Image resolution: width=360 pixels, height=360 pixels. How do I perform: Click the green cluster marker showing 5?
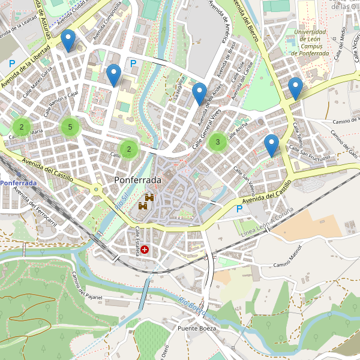70,127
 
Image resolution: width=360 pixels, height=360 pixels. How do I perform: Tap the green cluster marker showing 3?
217,142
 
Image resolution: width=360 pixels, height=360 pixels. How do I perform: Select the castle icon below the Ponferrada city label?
146,202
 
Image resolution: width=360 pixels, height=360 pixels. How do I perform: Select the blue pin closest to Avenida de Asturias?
68,40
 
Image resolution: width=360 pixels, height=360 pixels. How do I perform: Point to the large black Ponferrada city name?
137,180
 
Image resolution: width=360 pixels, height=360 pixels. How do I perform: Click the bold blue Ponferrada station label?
18,182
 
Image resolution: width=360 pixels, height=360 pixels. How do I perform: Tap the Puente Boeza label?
196,329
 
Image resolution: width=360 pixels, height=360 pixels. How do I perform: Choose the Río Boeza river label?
192,306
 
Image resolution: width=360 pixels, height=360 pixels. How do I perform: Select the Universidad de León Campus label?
310,43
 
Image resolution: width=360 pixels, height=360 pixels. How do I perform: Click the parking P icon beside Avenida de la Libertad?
12,63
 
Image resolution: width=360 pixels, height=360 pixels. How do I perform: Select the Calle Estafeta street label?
137,241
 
